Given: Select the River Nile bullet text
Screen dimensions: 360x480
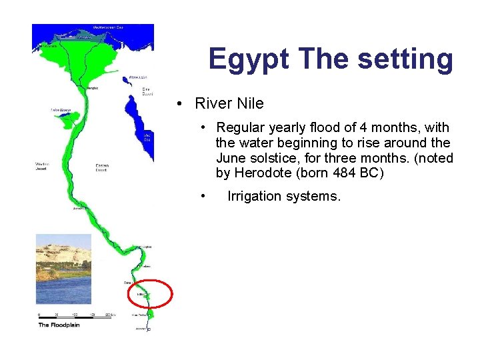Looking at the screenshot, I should [229, 103].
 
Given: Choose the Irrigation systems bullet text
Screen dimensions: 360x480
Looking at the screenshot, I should [284, 196].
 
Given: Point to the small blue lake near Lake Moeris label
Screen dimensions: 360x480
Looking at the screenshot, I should [66, 121].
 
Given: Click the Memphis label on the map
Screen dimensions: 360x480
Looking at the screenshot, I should [93, 87].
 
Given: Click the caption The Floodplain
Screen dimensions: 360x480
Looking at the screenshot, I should [59, 325].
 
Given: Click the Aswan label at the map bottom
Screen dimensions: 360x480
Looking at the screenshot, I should [141, 329].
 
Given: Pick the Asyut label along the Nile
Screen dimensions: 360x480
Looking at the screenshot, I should [79, 208].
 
